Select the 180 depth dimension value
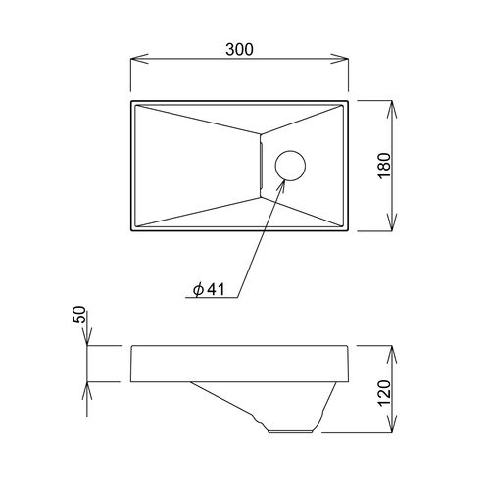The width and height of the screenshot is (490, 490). coord(384,166)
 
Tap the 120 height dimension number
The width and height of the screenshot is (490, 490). coord(384,392)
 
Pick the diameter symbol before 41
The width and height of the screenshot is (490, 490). coord(197,289)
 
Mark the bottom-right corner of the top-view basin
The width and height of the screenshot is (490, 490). coord(349,232)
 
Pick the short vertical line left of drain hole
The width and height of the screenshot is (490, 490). coord(262,166)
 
